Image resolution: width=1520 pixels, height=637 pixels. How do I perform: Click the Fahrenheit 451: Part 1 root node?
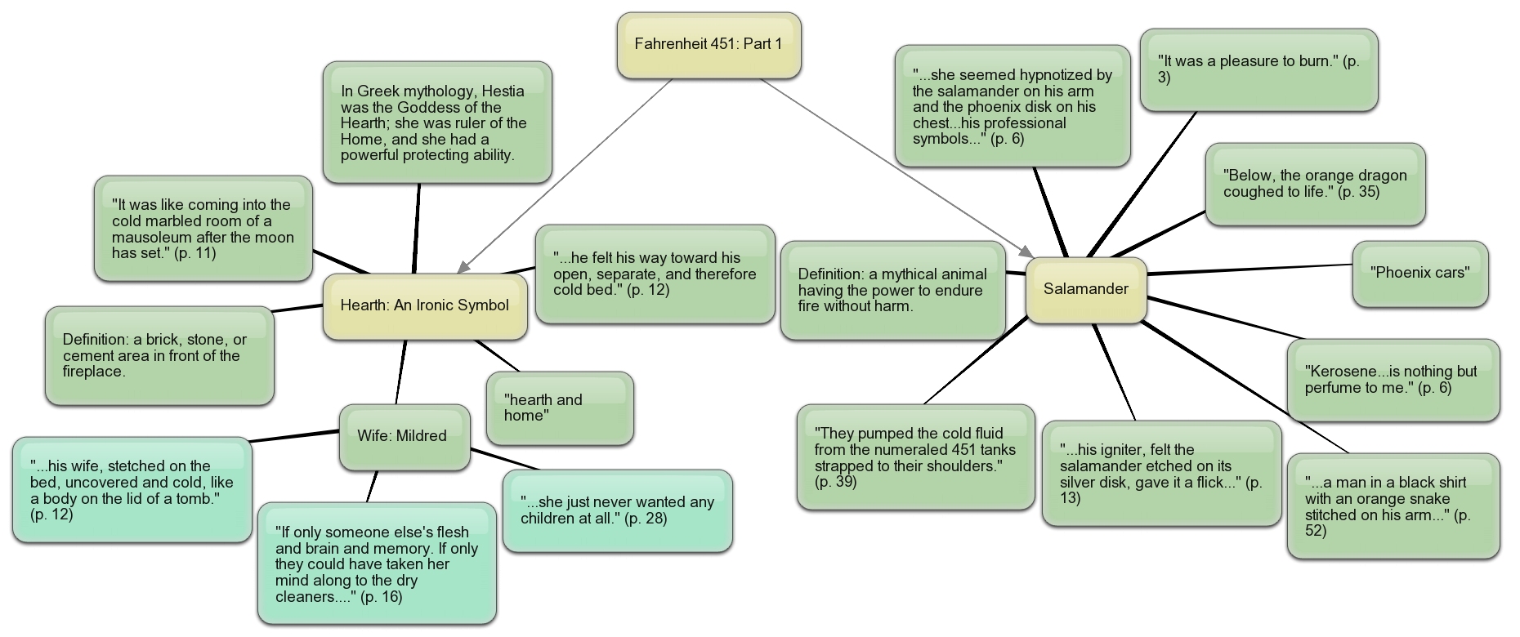pyautogui.click(x=709, y=45)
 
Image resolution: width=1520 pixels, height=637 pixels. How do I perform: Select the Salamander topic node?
pyautogui.click(x=1086, y=290)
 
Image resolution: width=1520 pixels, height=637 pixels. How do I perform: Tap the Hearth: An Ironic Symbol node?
pyautogui.click(x=425, y=306)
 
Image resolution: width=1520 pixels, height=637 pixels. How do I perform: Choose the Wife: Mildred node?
pyautogui.click(x=404, y=437)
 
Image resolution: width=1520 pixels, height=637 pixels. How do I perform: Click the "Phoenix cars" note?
pyautogui.click(x=1420, y=274)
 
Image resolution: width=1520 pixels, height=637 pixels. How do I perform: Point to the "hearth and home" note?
pyautogui.click(x=560, y=408)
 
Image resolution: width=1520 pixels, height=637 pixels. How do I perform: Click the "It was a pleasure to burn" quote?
pyautogui.click(x=1258, y=69)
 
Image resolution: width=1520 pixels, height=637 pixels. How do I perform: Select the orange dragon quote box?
pyautogui.click(x=1315, y=184)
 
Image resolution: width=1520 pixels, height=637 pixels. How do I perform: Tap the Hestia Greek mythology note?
pyautogui.click(x=437, y=122)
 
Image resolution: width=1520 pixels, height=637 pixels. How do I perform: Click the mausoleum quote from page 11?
pyautogui.click(x=203, y=229)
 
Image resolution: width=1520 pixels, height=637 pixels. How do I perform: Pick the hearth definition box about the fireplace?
pyautogui.click(x=159, y=355)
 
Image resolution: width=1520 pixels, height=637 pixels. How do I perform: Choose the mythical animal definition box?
pyautogui.click(x=892, y=290)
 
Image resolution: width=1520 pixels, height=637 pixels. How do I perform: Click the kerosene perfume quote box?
pyautogui.click(x=1393, y=380)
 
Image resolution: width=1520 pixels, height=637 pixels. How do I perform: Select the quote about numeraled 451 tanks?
pyautogui.click(x=915, y=457)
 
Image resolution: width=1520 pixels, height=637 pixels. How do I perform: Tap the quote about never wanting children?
pyautogui.click(x=617, y=510)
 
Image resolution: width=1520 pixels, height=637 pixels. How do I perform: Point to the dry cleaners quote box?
pyautogui.click(x=377, y=563)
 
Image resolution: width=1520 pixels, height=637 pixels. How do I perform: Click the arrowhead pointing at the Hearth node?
pyautogui.click(x=463, y=268)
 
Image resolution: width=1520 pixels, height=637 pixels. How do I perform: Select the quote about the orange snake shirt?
pyautogui.click(x=1393, y=506)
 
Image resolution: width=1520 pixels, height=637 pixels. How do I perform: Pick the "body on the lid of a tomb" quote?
pyautogui.click(x=132, y=490)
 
